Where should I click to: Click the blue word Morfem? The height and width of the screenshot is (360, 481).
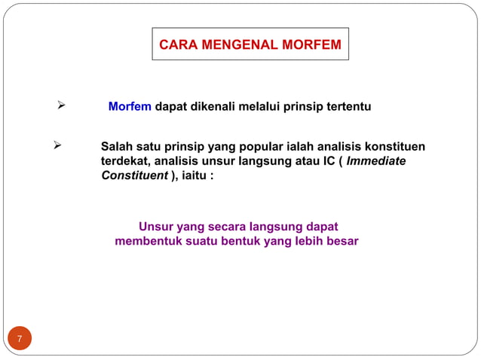130,108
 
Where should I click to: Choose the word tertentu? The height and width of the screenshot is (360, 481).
348,108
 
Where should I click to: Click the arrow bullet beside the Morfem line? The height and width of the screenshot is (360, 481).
63,107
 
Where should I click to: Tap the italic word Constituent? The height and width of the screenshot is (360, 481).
134,175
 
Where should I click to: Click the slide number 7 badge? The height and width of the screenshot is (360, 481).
20,339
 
